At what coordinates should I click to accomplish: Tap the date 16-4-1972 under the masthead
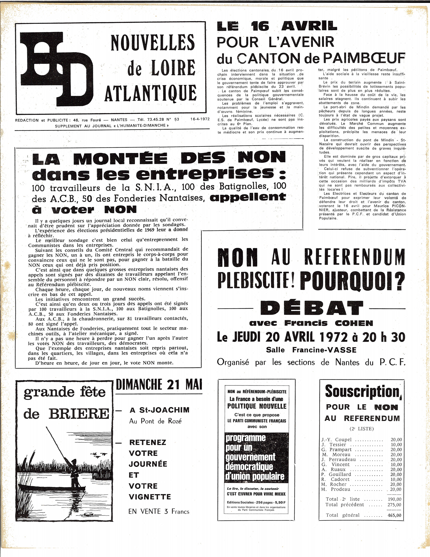200,119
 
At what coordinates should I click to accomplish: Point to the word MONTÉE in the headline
120,158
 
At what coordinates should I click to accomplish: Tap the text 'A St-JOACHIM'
159,410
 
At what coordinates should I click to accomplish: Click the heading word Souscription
362,392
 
